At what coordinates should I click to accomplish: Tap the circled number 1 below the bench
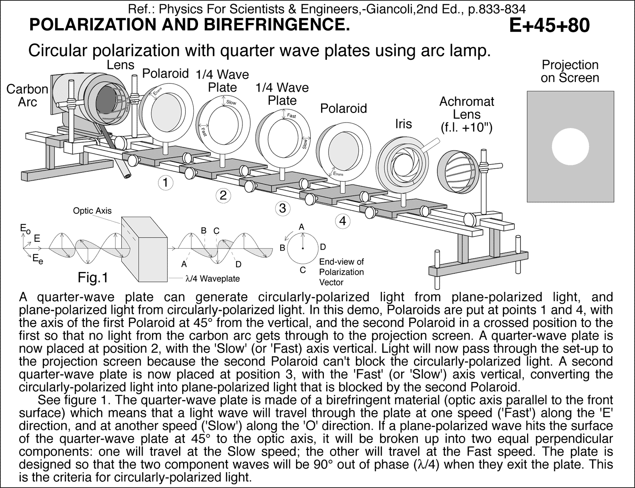click(165, 183)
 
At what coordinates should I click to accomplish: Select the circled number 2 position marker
click(223, 195)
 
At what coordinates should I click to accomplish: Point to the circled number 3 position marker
click(283, 209)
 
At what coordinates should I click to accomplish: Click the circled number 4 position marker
click(343, 221)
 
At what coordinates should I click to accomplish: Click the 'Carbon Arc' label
click(27, 96)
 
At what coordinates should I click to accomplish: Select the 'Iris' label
click(403, 124)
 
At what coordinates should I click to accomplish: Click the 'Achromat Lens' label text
click(466, 115)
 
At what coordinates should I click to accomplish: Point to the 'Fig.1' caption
click(93, 278)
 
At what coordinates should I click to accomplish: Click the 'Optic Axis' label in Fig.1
click(92, 211)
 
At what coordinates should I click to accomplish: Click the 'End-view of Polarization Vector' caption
click(341, 272)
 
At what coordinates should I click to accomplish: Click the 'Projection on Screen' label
click(570, 71)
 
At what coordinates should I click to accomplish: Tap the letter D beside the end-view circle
click(323, 247)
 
